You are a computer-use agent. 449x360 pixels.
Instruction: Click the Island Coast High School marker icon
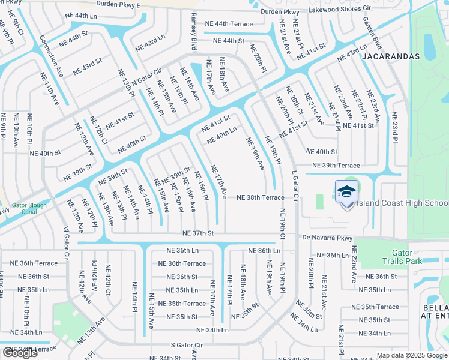click(x=346, y=193)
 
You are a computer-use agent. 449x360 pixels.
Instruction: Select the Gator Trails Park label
click(x=403, y=257)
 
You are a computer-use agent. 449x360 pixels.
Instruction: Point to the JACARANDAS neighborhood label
click(x=391, y=56)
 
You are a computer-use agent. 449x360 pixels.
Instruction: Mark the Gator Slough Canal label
click(x=28, y=208)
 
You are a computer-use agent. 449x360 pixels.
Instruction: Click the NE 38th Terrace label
click(x=261, y=197)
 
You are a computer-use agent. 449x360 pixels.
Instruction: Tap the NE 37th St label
click(x=198, y=233)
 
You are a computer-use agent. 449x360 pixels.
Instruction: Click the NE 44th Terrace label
click(x=229, y=23)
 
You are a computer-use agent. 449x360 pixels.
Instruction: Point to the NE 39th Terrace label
click(x=336, y=166)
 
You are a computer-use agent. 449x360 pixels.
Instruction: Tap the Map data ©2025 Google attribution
click(x=411, y=355)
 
